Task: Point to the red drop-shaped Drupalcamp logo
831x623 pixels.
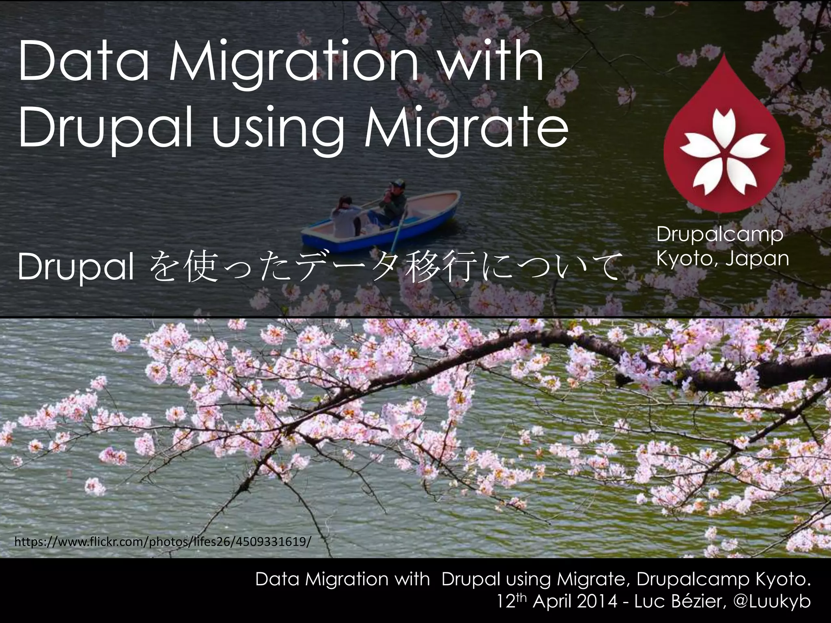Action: (x=724, y=138)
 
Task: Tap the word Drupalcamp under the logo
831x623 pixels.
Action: (x=720, y=234)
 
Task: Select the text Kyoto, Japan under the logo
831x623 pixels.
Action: (x=723, y=259)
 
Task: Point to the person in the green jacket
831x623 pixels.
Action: (x=393, y=205)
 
